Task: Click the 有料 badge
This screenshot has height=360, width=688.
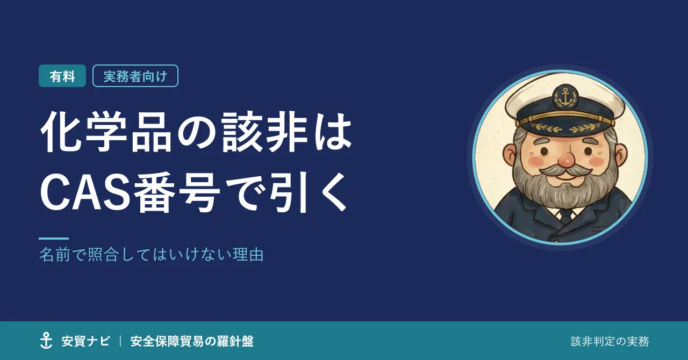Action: coord(62,76)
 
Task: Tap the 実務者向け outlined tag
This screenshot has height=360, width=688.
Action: coord(135,76)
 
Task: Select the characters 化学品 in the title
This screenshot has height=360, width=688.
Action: coord(106,132)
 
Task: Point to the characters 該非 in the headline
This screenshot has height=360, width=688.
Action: coord(265,132)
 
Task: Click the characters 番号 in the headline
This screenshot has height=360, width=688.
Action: coord(177,193)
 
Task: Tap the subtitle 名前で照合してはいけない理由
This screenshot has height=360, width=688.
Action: coord(152,255)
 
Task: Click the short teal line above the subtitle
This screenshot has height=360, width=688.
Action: coord(54,239)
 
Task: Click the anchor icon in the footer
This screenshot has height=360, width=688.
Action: coord(46,340)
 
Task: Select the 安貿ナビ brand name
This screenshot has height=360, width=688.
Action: coord(85,341)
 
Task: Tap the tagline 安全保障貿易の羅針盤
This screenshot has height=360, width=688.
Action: coord(192,341)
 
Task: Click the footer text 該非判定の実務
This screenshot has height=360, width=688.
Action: coord(610,342)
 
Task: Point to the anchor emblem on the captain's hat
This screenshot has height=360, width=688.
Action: coord(565,97)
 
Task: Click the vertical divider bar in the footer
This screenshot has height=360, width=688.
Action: coord(120,341)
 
